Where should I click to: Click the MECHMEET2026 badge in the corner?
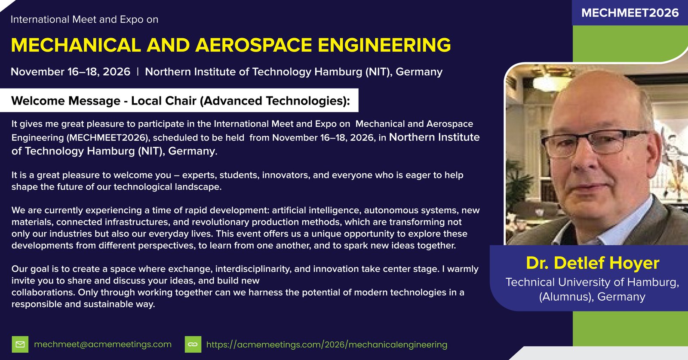(630, 13)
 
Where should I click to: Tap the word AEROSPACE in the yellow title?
(253, 45)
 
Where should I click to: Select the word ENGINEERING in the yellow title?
(384, 45)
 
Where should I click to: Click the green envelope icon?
(20, 345)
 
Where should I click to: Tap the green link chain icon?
(193, 345)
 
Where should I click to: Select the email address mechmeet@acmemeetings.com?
(103, 345)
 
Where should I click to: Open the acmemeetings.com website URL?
(327, 345)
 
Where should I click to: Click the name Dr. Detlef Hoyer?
(593, 263)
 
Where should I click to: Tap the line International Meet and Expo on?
(84, 19)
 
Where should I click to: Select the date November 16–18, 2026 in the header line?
(71, 72)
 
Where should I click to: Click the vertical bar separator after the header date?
(138, 72)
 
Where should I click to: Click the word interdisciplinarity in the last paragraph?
(253, 269)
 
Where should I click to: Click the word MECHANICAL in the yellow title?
(76, 45)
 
